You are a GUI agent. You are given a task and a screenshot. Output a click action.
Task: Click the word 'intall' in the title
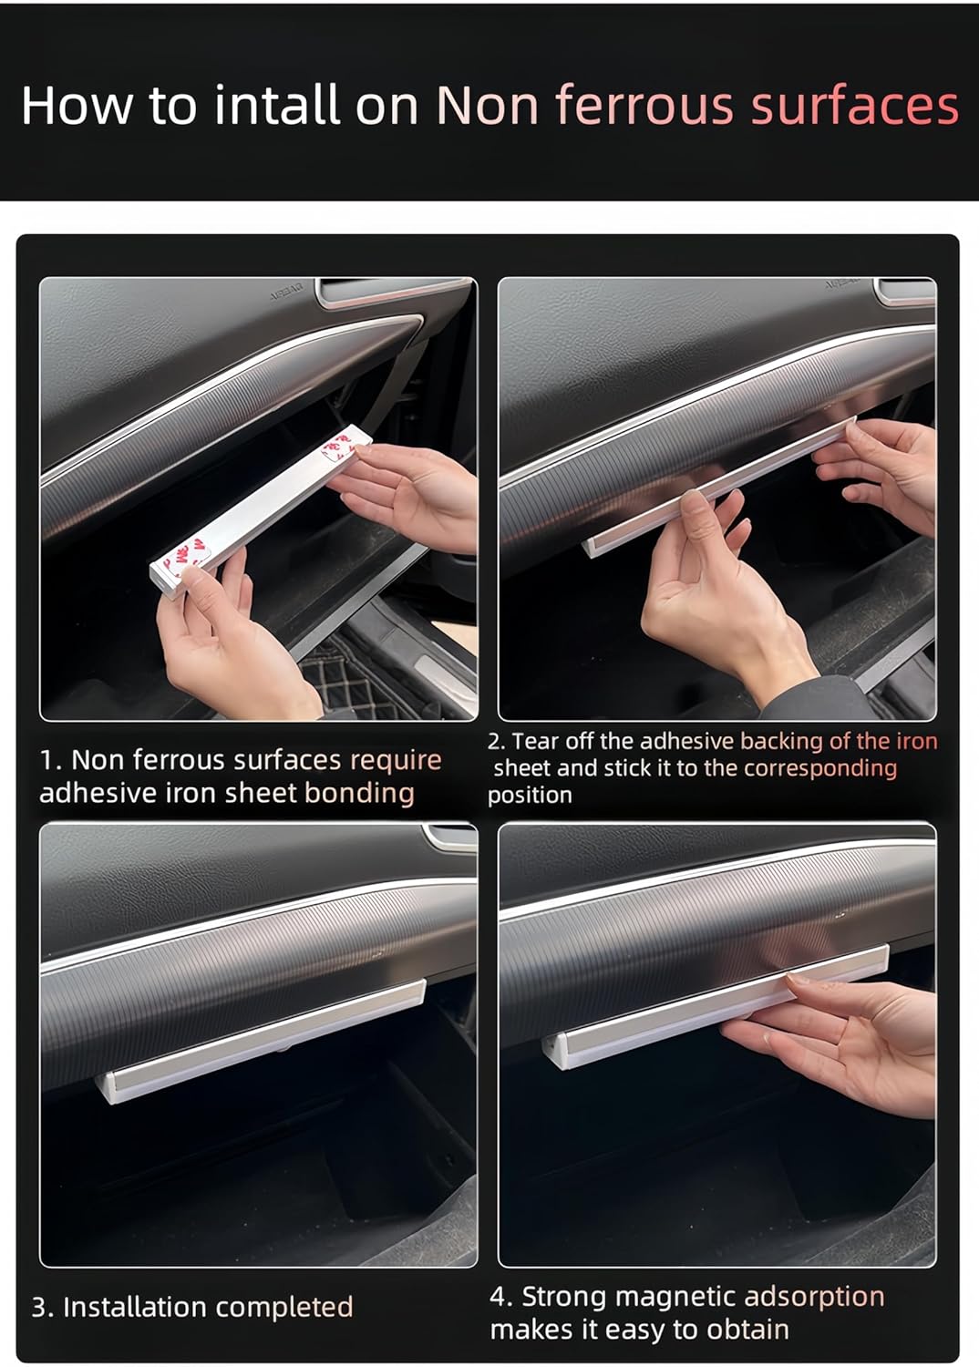(277, 105)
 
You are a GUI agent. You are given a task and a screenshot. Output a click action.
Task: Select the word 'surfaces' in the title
(855, 105)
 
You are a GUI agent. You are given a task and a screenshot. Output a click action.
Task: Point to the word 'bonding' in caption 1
(359, 794)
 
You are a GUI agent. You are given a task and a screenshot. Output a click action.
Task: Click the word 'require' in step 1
(396, 761)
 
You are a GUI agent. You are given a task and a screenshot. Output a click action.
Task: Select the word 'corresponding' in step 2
(820, 769)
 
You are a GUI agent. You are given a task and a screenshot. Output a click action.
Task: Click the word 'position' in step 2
(530, 796)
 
